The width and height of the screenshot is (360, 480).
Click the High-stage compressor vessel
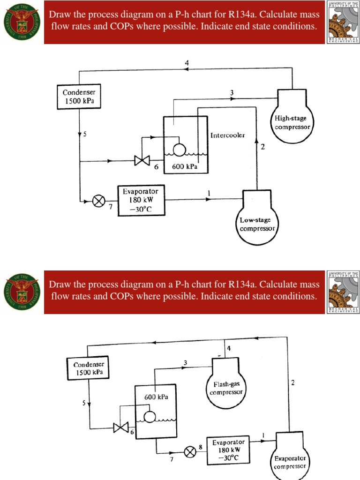click(x=292, y=120)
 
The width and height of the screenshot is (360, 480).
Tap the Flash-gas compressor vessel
click(x=226, y=387)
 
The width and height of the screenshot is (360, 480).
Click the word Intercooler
click(x=227, y=136)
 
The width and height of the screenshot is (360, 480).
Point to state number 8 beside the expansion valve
click(x=200, y=447)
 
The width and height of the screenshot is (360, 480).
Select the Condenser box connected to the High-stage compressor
click(x=79, y=97)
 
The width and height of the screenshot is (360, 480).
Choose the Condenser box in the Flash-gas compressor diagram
click(x=89, y=368)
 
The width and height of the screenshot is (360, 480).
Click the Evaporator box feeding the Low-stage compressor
click(x=141, y=201)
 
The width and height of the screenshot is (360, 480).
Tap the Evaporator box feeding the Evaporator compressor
click(x=228, y=450)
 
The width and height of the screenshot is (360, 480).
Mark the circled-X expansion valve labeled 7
click(x=98, y=201)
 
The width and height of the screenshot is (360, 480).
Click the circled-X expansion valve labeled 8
click(x=190, y=452)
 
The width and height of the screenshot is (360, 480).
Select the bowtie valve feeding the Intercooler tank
click(x=141, y=161)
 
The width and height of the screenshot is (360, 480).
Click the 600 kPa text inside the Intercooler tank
click(x=185, y=167)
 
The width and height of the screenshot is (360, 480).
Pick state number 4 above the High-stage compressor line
click(x=187, y=63)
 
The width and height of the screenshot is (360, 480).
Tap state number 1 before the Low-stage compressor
click(x=209, y=192)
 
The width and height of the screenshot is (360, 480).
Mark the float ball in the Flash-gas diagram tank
click(x=150, y=416)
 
